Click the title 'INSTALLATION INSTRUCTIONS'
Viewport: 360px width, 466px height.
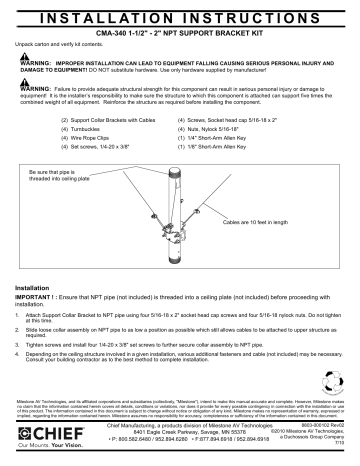(180, 18)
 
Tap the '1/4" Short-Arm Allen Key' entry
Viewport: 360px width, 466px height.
(244, 139)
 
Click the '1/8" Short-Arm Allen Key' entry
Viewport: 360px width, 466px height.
(244, 148)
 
